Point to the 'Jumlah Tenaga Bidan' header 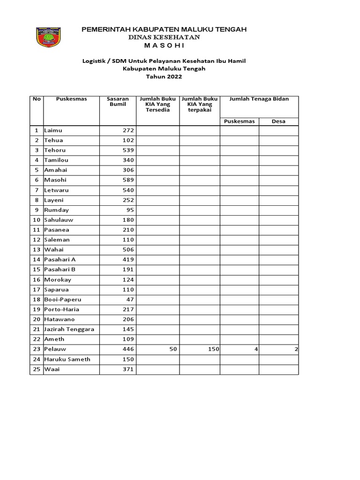(x=259, y=99)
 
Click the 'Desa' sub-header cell (x=278, y=121)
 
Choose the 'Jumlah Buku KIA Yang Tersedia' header (x=158, y=105)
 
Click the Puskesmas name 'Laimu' (x=53, y=130)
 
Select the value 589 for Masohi (x=128, y=180)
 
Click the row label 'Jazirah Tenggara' (x=69, y=329)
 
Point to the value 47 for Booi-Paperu (x=130, y=300)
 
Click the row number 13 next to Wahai (x=36, y=249)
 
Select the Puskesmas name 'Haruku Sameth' (x=67, y=359)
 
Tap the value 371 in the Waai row (x=128, y=369)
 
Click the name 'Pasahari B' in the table (x=60, y=270)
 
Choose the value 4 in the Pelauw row (x=256, y=349)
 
